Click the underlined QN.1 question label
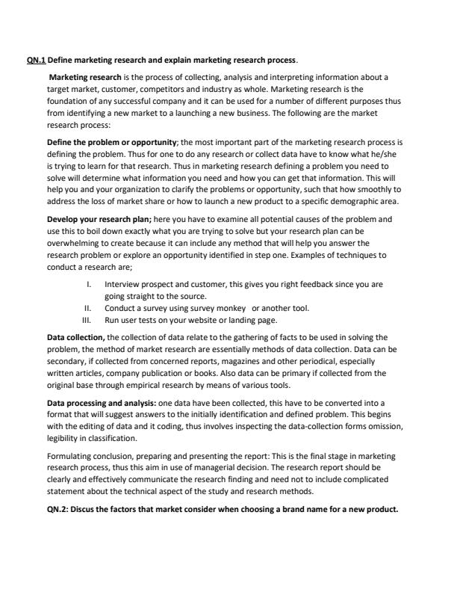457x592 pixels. (37, 59)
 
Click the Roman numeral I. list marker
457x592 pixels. (90, 285)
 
